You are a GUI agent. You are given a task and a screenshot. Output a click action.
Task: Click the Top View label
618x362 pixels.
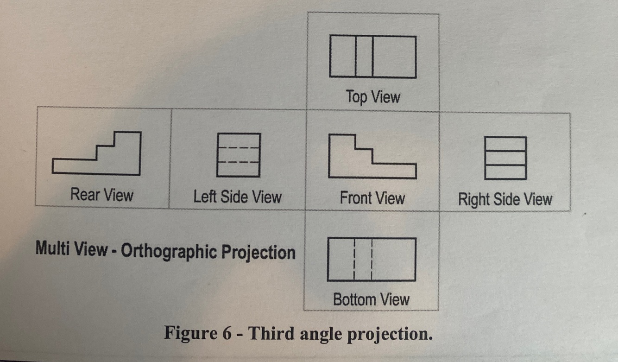click(x=372, y=97)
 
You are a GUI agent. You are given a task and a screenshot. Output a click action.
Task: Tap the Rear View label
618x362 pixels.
click(x=101, y=194)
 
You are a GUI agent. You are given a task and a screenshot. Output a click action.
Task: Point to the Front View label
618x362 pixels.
click(x=372, y=198)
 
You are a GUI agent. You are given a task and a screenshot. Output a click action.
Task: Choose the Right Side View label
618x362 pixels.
click(x=505, y=199)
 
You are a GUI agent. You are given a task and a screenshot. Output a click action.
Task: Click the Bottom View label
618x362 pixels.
click(x=371, y=299)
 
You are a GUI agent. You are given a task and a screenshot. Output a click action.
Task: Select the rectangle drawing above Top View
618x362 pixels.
click(x=372, y=57)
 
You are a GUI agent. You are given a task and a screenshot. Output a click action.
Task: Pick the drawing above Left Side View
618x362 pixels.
click(x=238, y=155)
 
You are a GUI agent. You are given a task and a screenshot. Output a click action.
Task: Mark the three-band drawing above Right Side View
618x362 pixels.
click(x=505, y=158)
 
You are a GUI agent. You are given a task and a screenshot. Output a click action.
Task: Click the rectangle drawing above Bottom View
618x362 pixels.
click(x=371, y=260)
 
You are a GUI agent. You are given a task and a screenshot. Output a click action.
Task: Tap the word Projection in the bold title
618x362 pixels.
click(x=258, y=253)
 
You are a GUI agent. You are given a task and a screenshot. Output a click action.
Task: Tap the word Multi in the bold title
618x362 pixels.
click(x=53, y=249)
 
